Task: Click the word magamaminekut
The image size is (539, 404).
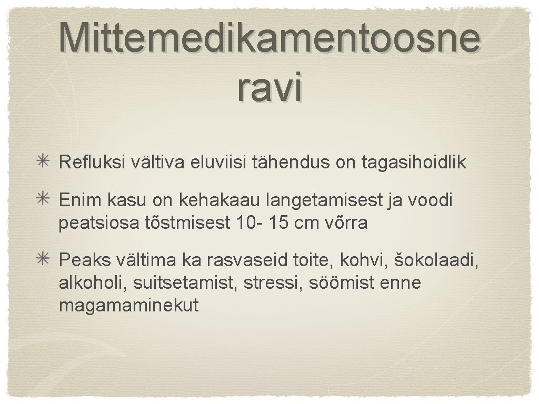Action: coord(129,306)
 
